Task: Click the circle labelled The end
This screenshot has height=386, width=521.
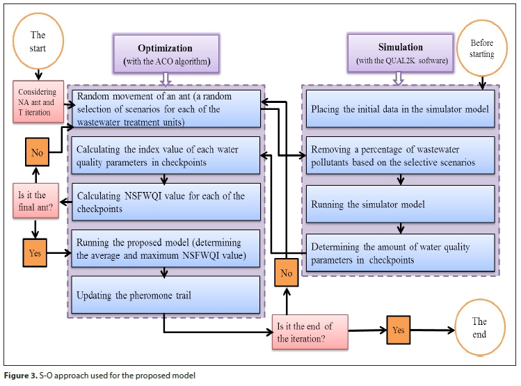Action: [479, 328]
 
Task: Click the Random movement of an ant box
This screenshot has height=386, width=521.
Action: [165, 108]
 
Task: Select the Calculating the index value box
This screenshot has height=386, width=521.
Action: [165, 155]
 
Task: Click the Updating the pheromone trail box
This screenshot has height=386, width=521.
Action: [165, 294]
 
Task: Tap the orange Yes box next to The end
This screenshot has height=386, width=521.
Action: [398, 330]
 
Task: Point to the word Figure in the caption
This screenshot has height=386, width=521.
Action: [18, 376]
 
